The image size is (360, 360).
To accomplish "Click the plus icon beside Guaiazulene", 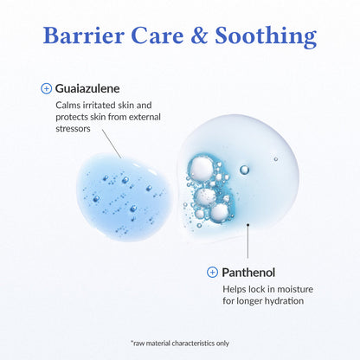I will pos(47,88).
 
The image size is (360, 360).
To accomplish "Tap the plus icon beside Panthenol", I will pos(213,272).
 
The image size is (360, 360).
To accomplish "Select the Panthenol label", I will pos(251,272).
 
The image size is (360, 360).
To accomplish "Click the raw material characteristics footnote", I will pos(180,343).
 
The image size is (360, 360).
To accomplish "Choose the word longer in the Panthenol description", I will pos(245,301).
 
